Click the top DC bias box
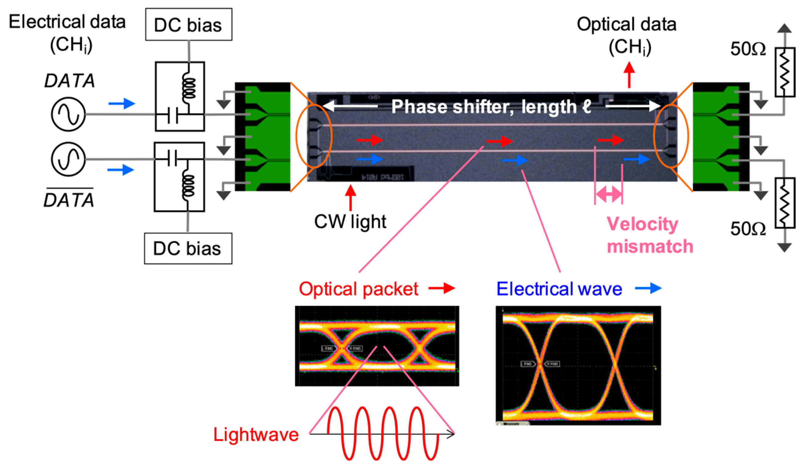click(188, 25)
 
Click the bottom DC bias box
click(188, 248)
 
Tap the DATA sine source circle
click(68, 114)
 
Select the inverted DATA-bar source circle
click(68, 159)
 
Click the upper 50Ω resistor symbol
click(785, 72)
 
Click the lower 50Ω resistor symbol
click(785, 203)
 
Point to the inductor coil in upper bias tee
click(189, 86)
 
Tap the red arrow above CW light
click(351, 197)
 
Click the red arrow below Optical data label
click(629, 75)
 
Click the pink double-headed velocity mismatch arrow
click(608, 194)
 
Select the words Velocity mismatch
click(649, 235)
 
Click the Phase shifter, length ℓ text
click(491, 107)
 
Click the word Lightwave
click(255, 435)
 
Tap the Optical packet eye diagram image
click(377, 346)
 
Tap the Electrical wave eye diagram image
click(578, 365)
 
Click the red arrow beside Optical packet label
click(442, 288)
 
